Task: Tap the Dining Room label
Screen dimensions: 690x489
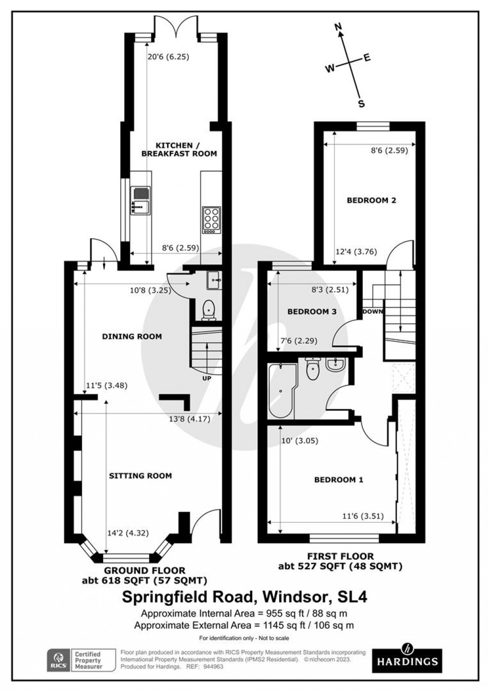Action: click(x=132, y=336)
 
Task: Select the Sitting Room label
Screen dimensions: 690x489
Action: click(x=140, y=475)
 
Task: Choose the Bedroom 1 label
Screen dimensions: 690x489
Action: click(x=338, y=479)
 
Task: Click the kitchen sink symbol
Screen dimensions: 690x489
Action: click(x=140, y=200)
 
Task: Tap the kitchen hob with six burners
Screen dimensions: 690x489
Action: click(x=211, y=220)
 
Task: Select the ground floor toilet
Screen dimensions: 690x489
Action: click(x=209, y=310)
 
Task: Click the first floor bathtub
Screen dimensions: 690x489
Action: click(x=280, y=390)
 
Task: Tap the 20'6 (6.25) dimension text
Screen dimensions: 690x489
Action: click(x=168, y=57)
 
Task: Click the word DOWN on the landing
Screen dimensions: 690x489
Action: click(x=373, y=311)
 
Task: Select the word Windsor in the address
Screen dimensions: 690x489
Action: click(x=290, y=597)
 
